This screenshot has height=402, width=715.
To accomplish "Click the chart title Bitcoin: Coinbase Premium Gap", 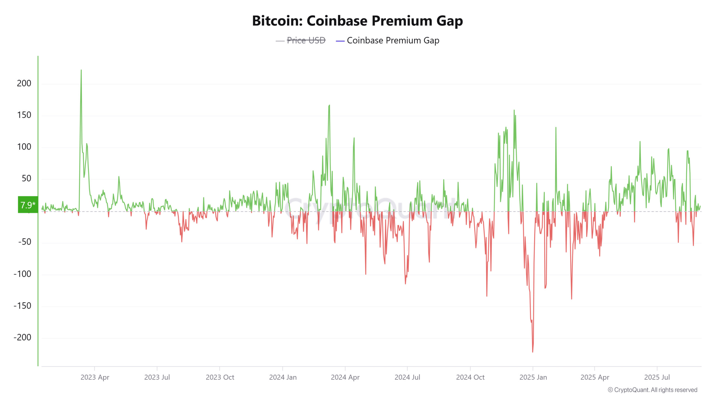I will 357,21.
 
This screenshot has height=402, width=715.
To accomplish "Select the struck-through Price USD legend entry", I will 306,40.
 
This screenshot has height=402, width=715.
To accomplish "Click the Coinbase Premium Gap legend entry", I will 393,40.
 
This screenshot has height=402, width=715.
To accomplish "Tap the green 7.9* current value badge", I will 28,205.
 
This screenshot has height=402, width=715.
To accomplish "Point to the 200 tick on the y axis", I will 24,83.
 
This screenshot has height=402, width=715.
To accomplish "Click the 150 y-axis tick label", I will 24,115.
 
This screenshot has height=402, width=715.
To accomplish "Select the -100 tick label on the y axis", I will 22,274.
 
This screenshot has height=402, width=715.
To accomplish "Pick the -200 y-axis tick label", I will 22,337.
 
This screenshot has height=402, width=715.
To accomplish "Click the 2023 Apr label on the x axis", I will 95,377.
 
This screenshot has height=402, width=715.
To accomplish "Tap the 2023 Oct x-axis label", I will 220,377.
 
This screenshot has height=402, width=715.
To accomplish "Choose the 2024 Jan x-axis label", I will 283,377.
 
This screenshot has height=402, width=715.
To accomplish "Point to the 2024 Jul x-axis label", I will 407,377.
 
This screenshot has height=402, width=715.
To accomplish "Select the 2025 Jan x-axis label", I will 533,377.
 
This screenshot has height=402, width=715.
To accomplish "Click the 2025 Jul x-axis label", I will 657,377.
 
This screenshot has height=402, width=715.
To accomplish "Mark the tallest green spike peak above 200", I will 81,70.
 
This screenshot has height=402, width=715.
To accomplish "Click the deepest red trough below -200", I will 533,351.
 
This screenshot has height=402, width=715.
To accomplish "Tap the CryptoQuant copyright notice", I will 652,390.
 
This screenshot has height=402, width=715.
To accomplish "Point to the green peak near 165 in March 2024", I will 330,106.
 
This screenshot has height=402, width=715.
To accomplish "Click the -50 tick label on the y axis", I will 25,242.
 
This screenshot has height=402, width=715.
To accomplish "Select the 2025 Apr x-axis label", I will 595,377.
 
